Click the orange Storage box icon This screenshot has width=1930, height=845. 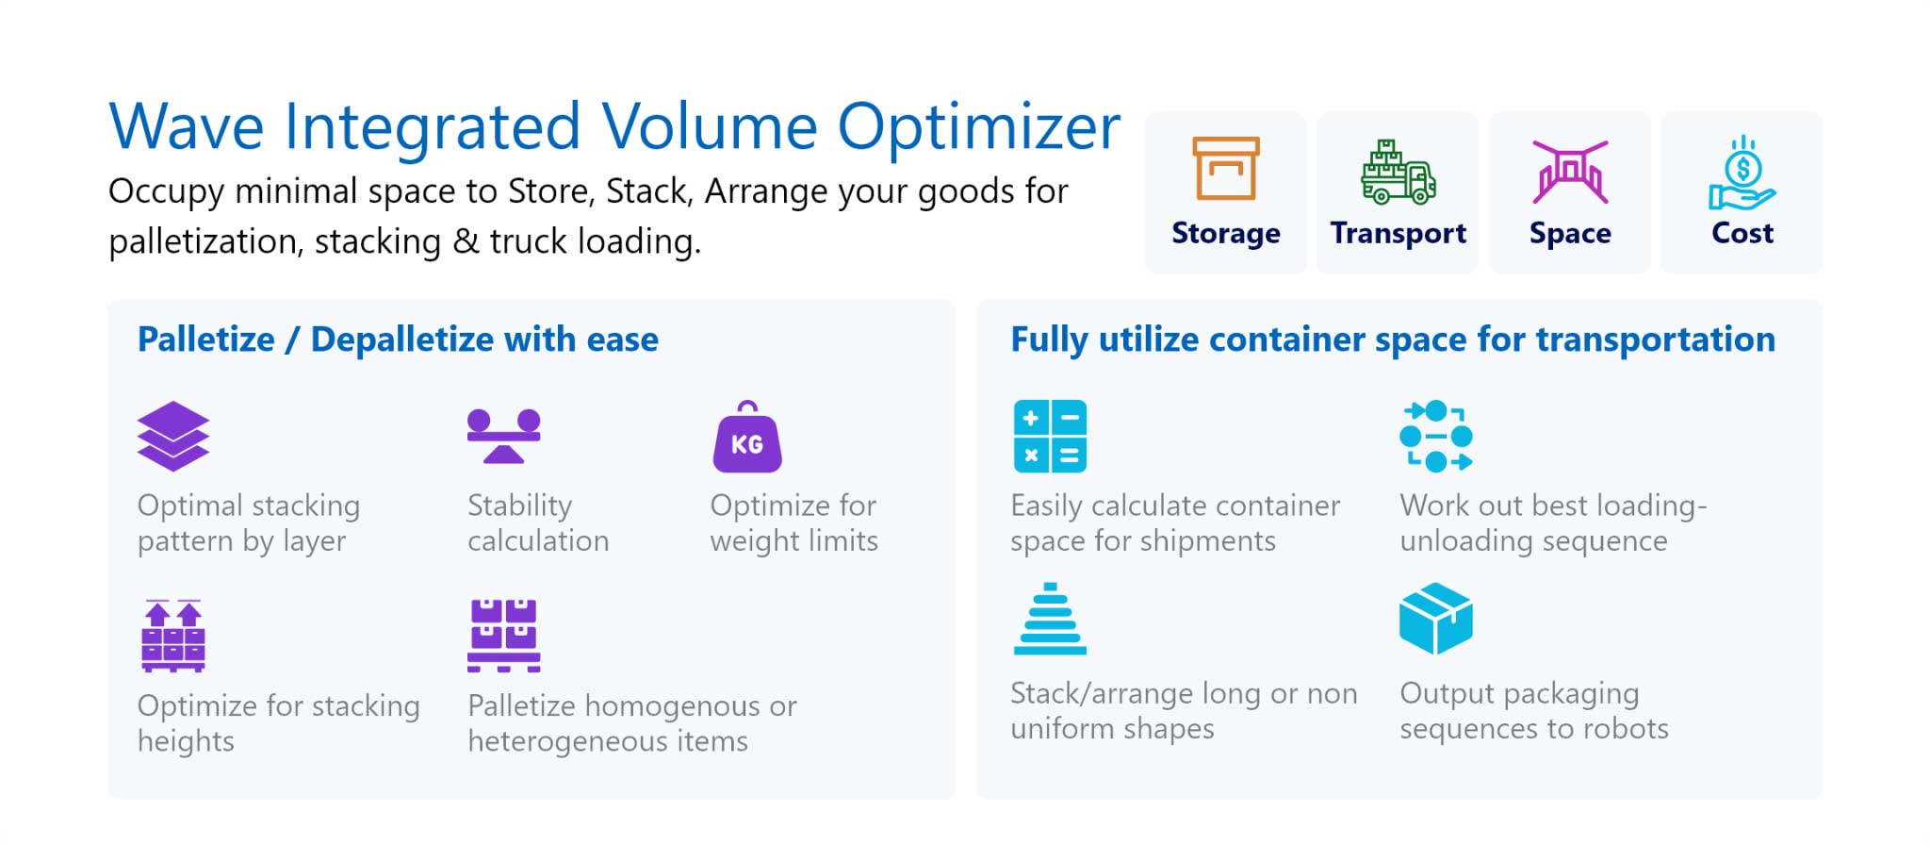(x=1225, y=169)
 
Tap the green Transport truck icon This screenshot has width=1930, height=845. (x=1398, y=172)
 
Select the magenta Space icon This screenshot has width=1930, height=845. (x=1570, y=172)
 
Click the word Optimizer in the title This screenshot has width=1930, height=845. (x=979, y=127)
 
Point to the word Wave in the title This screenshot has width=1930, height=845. (x=187, y=126)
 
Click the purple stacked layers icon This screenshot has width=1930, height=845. (x=173, y=437)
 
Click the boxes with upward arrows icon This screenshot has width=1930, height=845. (x=173, y=636)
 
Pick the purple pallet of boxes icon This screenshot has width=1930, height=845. (x=504, y=636)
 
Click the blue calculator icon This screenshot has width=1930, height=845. (x=1050, y=437)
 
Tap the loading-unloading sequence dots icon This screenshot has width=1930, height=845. (x=1436, y=437)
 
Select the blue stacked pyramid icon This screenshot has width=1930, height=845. (x=1050, y=619)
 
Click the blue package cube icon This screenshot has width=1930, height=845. (x=1436, y=619)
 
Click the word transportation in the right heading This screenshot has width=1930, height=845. (x=1656, y=340)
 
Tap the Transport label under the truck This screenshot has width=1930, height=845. (x=1398, y=233)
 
